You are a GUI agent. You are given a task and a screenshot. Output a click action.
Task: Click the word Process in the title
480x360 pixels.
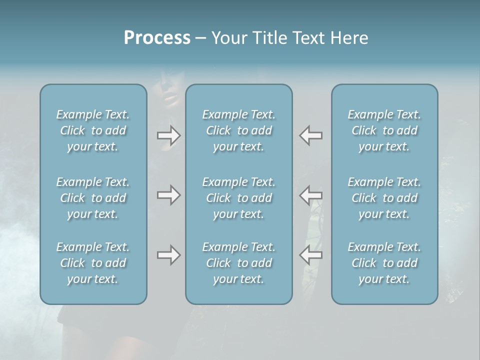pyautogui.click(x=157, y=38)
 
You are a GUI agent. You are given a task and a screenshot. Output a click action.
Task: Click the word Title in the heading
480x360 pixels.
pyautogui.click(x=267, y=38)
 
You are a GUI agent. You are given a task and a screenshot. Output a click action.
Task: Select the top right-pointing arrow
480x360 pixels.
pyautogui.click(x=169, y=135)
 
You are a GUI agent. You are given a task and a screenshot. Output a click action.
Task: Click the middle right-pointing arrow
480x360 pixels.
pyautogui.click(x=169, y=195)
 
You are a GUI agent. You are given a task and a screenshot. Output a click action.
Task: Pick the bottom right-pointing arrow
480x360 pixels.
pyautogui.click(x=169, y=255)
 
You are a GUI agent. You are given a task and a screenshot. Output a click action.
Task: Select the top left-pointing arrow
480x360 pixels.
pyautogui.click(x=310, y=135)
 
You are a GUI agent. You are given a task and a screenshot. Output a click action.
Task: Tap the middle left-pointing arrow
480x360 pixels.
pyautogui.click(x=310, y=195)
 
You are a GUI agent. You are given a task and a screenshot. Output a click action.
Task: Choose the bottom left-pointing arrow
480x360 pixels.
pyautogui.click(x=310, y=255)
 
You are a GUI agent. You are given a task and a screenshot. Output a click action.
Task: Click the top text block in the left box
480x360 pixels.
pyautogui.click(x=93, y=130)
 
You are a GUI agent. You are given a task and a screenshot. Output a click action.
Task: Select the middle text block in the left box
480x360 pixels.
pyautogui.click(x=93, y=198)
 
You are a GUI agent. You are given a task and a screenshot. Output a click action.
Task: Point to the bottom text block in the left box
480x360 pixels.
pyautogui.click(x=93, y=263)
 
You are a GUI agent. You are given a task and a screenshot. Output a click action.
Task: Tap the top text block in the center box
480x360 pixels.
pyautogui.click(x=239, y=130)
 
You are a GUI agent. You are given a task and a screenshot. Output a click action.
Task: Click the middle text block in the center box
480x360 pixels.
pyautogui.click(x=239, y=198)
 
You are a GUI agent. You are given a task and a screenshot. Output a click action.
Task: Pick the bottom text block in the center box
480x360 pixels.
pyautogui.click(x=239, y=263)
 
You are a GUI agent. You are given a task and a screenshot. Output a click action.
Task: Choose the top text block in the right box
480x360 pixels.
pyautogui.click(x=384, y=130)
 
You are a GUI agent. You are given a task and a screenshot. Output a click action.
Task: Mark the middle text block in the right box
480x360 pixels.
pyautogui.click(x=384, y=198)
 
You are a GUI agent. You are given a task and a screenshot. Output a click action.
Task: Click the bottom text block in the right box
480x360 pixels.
pyautogui.click(x=384, y=263)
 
